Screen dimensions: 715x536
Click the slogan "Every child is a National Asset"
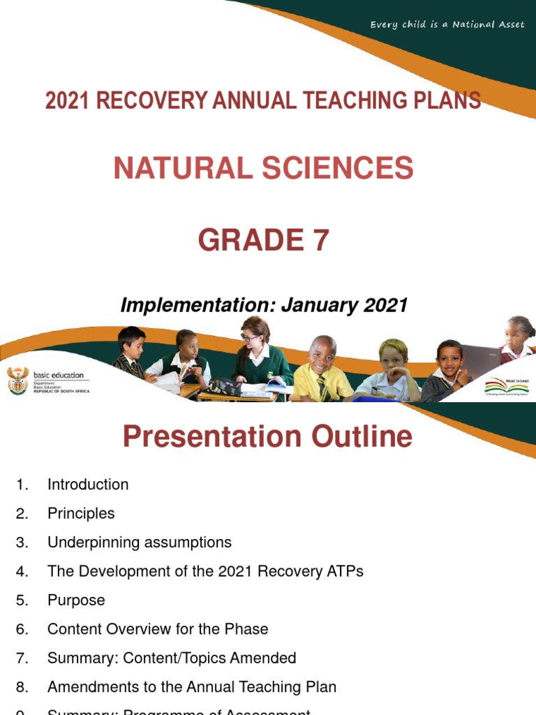coord(447,25)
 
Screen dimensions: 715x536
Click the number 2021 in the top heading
coord(68,101)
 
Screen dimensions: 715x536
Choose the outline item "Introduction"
coord(88,485)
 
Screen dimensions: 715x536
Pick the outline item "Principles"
coord(81,513)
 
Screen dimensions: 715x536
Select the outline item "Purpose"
coord(76,600)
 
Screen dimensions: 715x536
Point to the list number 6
coord(21,629)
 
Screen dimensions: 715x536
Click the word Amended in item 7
coord(267,658)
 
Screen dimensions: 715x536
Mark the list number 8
coord(21,687)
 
